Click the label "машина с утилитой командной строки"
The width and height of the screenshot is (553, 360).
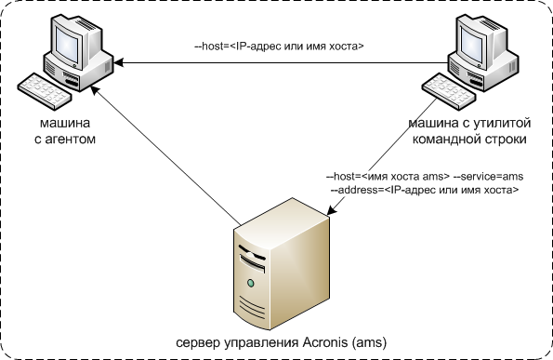(468, 131)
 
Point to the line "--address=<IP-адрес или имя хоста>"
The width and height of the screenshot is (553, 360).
(425, 189)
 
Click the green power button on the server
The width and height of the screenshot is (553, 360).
(250, 281)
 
